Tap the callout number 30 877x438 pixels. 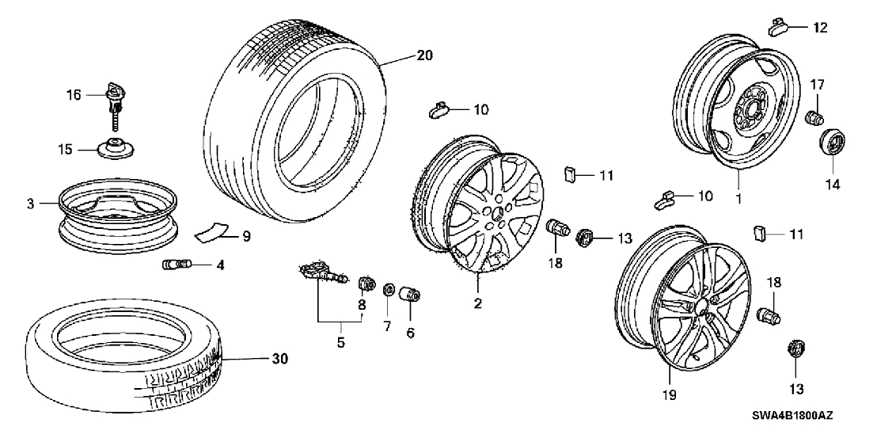tap(279, 359)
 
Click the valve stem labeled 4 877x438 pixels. tap(173, 264)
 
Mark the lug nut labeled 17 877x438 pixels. tap(813, 120)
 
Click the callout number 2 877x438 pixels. tap(478, 303)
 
